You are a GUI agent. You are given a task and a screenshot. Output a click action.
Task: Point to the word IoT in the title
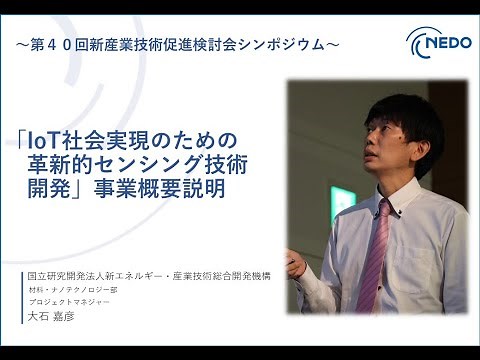(49, 137)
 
